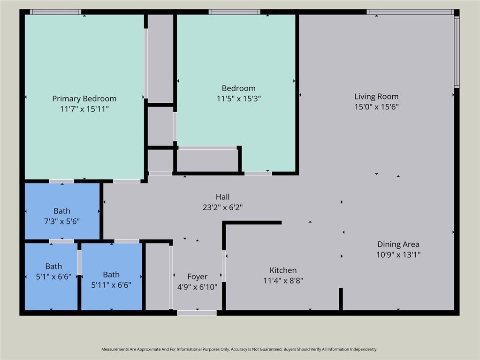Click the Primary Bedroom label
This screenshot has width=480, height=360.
(x=84, y=99)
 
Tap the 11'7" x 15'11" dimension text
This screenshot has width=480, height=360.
(x=84, y=109)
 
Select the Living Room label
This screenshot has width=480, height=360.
(x=376, y=96)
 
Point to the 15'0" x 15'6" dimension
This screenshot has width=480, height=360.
(x=376, y=107)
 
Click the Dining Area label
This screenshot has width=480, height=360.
(x=398, y=244)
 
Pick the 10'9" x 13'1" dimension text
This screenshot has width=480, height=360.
(x=398, y=254)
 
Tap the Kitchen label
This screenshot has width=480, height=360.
(x=283, y=270)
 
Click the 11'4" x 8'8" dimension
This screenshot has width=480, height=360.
(x=283, y=280)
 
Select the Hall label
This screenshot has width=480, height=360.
(x=222, y=197)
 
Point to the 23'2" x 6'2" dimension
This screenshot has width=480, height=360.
(x=222, y=207)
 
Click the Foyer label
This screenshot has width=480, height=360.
(x=197, y=277)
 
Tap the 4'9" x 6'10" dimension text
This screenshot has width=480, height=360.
(x=197, y=287)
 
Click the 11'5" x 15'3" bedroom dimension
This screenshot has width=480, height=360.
(x=238, y=99)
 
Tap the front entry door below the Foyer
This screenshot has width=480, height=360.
(x=197, y=313)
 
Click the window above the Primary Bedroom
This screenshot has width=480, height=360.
(x=55, y=12)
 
